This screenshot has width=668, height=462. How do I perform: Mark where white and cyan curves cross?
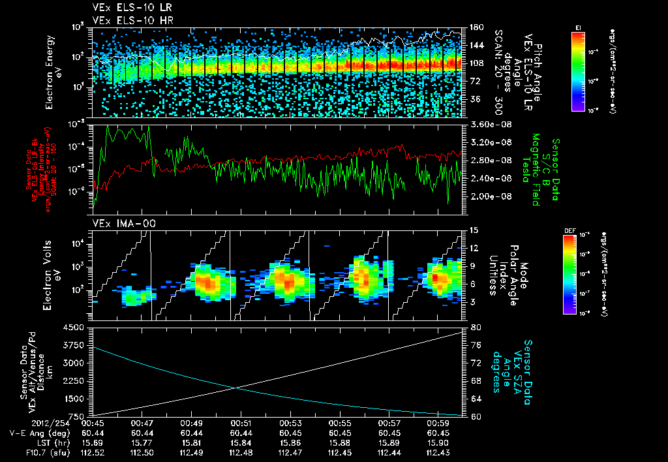[x=235, y=388]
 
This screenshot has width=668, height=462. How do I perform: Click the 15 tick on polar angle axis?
[x=474, y=230]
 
